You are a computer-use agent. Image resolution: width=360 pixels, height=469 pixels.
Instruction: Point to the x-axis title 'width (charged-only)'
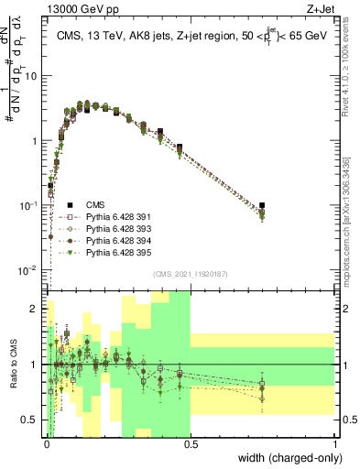[x=285, y=458]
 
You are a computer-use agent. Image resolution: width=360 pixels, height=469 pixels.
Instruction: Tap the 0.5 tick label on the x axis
[x=191, y=446]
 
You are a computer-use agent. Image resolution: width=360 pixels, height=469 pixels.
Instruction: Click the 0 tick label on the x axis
[x=46, y=446]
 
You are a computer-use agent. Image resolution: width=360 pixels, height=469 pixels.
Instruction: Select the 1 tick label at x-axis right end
[x=334, y=446]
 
